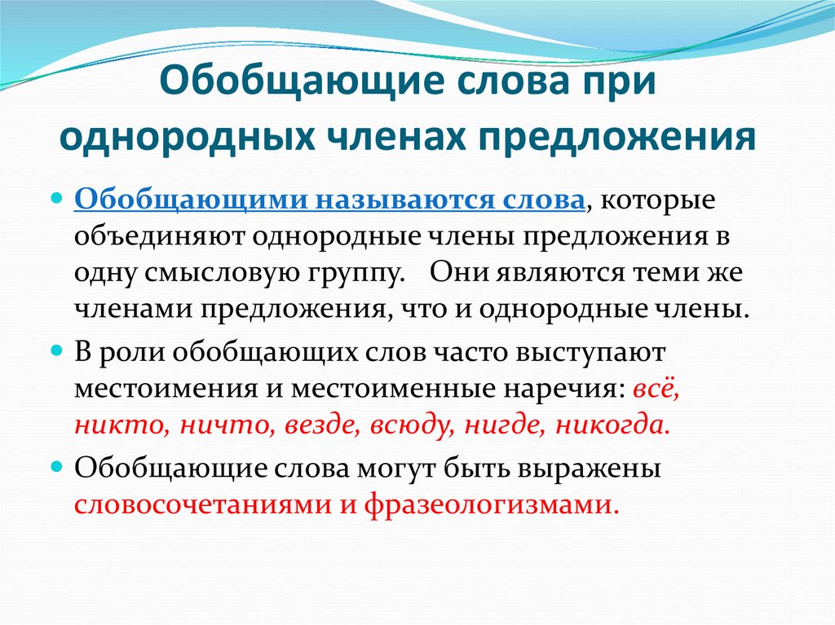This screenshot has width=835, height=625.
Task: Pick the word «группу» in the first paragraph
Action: click(x=352, y=274)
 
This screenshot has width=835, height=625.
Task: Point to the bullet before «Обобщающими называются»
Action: click(x=57, y=200)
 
